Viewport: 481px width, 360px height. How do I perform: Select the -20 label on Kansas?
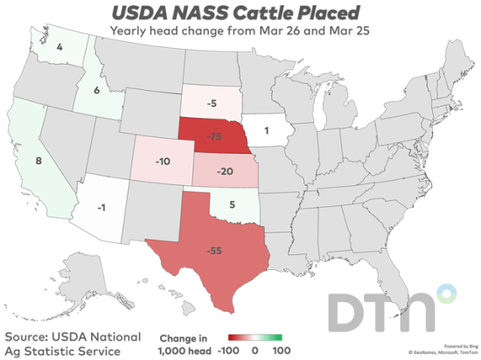coord(226,170)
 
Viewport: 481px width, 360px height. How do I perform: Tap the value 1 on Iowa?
coord(265,133)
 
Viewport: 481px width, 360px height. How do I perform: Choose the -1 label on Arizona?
coord(103,207)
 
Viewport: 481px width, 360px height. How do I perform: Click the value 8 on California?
coord(38,161)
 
